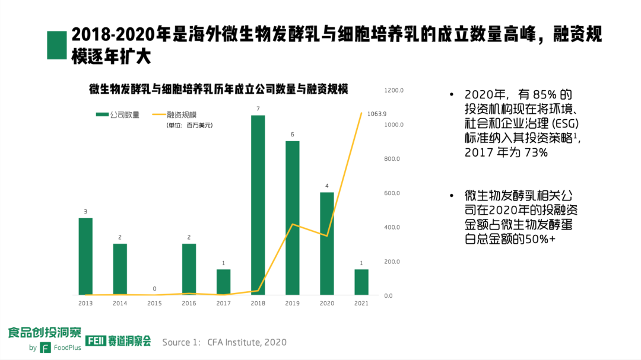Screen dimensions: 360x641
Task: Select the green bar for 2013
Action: click(85, 256)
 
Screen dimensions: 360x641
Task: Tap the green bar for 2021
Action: click(361, 282)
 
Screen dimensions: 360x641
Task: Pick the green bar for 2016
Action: click(189, 269)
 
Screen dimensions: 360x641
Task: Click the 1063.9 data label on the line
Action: click(377, 114)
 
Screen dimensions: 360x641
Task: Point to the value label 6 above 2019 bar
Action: click(292, 135)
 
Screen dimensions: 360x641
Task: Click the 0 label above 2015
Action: click(154, 289)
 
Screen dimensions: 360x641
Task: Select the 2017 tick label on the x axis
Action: click(223, 303)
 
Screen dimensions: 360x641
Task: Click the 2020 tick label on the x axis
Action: click(326, 303)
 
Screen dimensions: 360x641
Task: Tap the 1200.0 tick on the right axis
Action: click(394, 90)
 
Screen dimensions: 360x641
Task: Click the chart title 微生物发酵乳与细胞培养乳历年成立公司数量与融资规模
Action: click(218, 90)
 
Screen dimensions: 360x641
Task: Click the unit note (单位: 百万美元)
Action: click(189, 125)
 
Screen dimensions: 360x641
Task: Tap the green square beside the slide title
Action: click(56, 45)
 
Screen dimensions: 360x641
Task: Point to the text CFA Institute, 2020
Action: click(247, 342)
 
